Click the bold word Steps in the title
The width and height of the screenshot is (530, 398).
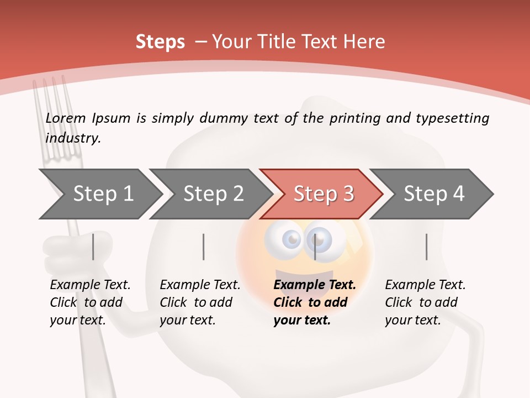(160, 42)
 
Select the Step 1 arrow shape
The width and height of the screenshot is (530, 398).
(103, 194)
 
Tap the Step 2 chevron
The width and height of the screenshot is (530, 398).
(213, 194)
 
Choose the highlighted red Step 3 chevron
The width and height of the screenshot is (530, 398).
(323, 194)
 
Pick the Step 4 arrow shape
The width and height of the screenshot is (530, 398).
(433, 194)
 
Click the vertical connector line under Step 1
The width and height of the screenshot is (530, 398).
(93, 247)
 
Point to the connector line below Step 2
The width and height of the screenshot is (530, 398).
(204, 247)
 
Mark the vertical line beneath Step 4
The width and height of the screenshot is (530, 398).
(427, 247)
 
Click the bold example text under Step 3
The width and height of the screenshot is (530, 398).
(315, 302)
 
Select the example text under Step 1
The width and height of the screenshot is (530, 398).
(90, 302)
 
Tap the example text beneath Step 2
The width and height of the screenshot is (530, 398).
(200, 302)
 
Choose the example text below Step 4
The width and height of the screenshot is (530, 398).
(425, 302)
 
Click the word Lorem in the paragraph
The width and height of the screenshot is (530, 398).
(66, 118)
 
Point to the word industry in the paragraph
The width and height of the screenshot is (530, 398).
(72, 138)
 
